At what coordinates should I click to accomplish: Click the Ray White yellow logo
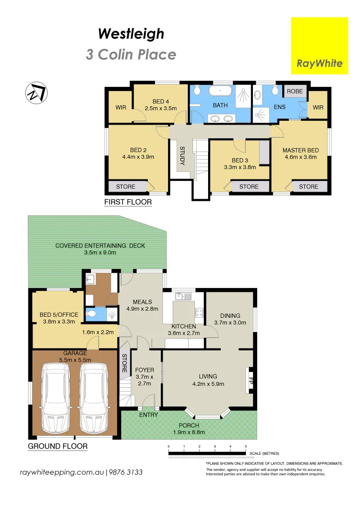click(319, 46)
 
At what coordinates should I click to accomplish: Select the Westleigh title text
click(131, 34)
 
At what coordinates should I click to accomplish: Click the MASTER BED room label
click(301, 150)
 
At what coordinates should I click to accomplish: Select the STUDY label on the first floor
click(182, 156)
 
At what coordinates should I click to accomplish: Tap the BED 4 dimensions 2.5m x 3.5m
click(160, 109)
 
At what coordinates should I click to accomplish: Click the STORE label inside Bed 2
click(126, 187)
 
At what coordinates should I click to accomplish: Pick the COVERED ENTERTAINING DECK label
click(100, 246)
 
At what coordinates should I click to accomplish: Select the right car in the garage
click(92, 398)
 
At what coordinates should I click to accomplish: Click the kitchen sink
click(183, 297)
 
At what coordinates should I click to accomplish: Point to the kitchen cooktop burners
click(199, 313)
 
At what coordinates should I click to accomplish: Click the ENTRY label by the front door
click(148, 415)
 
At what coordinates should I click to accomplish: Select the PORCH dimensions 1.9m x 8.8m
click(189, 433)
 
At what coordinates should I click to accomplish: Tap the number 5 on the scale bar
click(245, 446)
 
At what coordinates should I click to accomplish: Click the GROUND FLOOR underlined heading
click(57, 446)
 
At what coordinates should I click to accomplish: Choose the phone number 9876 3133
click(126, 472)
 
